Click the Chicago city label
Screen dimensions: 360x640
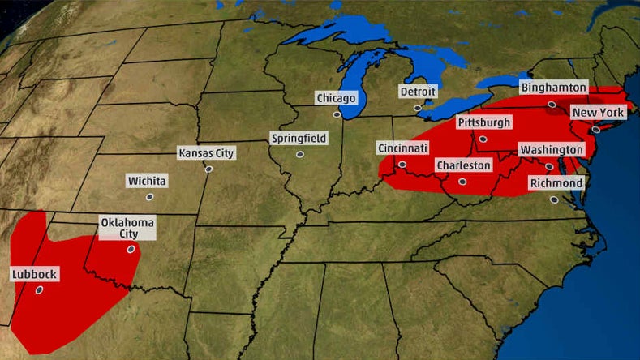tap(337, 98)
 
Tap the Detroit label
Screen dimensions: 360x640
tap(418, 92)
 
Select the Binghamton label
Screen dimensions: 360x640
tap(554, 86)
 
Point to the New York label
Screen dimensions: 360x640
tap(598, 112)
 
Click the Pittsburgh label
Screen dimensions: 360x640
tap(484, 122)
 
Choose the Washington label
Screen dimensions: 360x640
tap(552, 150)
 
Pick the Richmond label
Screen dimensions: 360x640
tap(556, 183)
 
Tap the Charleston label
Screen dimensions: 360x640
tap(464, 165)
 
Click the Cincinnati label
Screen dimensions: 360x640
tap(403, 148)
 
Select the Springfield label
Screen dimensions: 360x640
tap(299, 139)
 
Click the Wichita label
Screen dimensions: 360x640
tap(147, 181)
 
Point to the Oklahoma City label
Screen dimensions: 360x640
tap(127, 228)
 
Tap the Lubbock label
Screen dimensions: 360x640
tap(35, 275)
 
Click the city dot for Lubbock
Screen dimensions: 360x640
tap(38, 289)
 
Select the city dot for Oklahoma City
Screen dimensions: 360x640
tap(130, 250)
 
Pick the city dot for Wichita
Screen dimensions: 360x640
tap(149, 196)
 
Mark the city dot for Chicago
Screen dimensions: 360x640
tap(337, 114)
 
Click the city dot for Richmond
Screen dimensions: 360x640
tap(554, 199)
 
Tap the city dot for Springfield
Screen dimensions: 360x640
tap(299, 154)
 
